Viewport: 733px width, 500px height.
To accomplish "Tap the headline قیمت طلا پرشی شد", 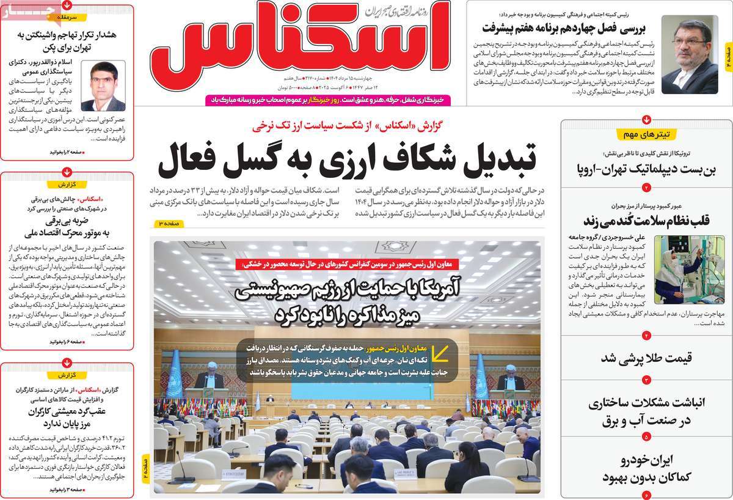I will pyautogui.click(x=646, y=358).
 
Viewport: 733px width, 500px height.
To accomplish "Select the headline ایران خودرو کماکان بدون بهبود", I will pyautogui.click(x=646, y=468).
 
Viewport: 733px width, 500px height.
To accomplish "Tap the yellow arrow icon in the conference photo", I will pyautogui.click(x=440, y=353).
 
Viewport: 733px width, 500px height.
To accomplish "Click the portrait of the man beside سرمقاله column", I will pyautogui.click(x=103, y=86).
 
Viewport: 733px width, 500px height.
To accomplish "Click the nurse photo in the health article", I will pyautogui.click(x=677, y=270).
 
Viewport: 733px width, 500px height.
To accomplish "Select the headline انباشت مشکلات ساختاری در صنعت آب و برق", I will pyautogui.click(x=646, y=411).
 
